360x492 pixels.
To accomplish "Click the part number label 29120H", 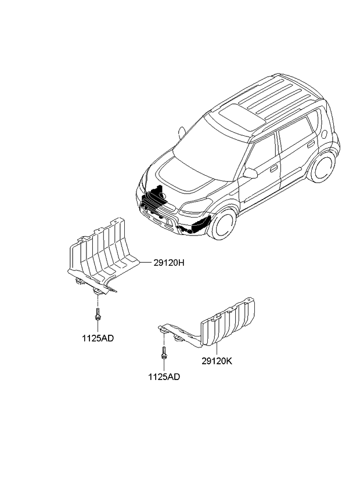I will pyautogui.click(x=170, y=262).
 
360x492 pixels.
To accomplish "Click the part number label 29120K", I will pyautogui.click(x=217, y=360).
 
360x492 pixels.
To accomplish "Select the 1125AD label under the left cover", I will pyautogui.click(x=98, y=338).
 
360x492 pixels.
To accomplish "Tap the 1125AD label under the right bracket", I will pyautogui.click(x=163, y=377).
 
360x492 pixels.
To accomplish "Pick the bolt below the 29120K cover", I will pyautogui.click(x=164, y=352).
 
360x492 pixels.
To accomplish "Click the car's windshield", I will pyautogui.click(x=203, y=146).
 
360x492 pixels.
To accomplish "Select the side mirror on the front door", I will pyautogui.click(x=250, y=173).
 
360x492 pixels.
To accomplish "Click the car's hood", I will pyautogui.click(x=180, y=174).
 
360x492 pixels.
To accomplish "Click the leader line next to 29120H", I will pyautogui.click(x=145, y=262).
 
